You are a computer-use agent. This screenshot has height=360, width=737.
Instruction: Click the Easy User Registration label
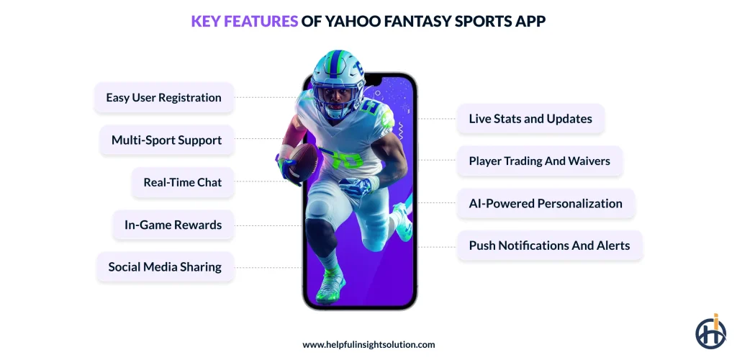pos(163,98)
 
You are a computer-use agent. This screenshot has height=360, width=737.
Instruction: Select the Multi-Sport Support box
pos(166,140)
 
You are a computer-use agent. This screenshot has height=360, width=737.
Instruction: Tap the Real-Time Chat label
pos(182,182)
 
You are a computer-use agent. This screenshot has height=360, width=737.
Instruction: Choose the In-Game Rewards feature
pos(173,225)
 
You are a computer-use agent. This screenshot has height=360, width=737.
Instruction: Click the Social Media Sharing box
pos(165,267)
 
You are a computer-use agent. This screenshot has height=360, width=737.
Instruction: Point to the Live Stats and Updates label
pos(530,119)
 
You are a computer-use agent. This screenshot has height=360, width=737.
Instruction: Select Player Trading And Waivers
pos(540,161)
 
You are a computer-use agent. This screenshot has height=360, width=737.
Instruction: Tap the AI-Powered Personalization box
pos(546,203)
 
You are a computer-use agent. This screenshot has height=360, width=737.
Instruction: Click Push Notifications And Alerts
pos(549,246)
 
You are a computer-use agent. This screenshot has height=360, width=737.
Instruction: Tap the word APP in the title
pos(530,22)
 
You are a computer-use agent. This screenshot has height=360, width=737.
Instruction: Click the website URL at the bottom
pos(368,345)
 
